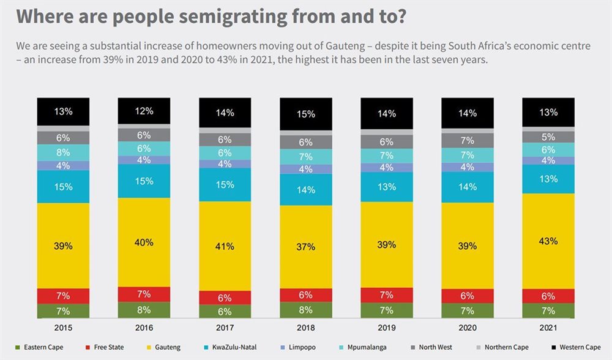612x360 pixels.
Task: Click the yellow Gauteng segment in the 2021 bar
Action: pos(548,241)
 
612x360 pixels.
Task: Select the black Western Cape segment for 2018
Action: pos(306,114)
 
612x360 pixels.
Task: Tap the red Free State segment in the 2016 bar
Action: pos(144,294)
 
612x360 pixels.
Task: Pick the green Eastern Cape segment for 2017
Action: pos(225,312)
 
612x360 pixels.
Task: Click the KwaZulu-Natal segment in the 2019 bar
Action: pos(387,187)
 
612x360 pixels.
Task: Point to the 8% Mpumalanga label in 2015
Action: pos(64,152)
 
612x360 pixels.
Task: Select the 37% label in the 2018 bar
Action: pos(306,247)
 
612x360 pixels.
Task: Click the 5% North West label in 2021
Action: pos(548,137)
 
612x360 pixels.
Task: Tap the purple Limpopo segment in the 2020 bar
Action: pos(468,167)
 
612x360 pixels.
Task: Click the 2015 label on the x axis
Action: pos(64,327)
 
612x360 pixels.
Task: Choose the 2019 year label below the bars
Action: pos(387,327)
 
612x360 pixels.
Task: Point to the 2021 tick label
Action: pos(548,327)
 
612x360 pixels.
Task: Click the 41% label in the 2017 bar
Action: pos(225,246)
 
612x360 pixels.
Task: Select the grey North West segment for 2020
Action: pos(468,141)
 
